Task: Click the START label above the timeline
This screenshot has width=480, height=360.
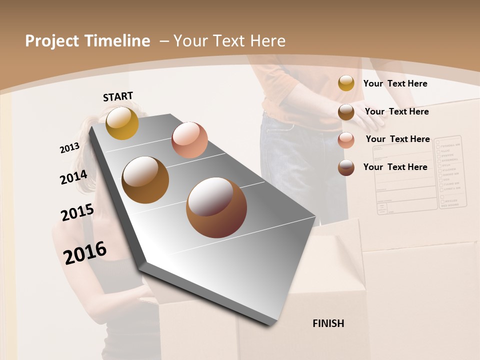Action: (118, 96)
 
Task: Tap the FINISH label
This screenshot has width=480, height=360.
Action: (328, 323)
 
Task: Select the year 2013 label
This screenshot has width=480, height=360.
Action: (69, 148)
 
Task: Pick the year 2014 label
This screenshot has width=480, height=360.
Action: (73, 177)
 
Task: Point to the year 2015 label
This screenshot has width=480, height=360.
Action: (77, 212)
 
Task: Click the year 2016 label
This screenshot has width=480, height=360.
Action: (85, 252)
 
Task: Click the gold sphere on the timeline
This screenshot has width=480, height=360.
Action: (122, 123)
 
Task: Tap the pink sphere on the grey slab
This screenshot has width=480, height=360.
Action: (189, 139)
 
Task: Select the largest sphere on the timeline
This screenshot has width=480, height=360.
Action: (216, 207)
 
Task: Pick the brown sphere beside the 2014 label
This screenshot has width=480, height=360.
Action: (145, 179)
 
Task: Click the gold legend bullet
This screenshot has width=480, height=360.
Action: (346, 83)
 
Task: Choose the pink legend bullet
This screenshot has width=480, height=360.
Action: (346, 140)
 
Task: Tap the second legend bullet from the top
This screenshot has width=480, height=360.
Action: (346, 112)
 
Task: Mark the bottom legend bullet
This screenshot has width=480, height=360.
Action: (346, 167)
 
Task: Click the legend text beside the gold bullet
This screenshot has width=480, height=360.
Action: (395, 83)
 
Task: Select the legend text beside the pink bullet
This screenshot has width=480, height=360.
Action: (397, 139)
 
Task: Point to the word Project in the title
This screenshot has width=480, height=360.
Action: (52, 41)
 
